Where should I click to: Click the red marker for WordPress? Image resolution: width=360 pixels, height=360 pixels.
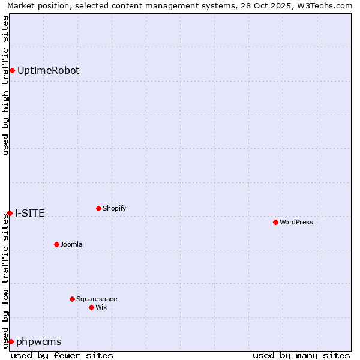[275, 222]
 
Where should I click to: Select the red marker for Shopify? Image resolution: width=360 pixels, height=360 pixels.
[98, 208]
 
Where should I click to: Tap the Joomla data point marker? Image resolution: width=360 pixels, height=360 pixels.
[56, 244]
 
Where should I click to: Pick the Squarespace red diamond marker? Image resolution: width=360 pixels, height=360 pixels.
[72, 299]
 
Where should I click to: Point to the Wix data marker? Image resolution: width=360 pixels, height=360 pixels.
[91, 307]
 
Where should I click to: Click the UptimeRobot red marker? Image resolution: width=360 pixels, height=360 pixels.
[12, 70]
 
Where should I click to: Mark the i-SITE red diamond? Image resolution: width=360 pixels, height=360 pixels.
[10, 213]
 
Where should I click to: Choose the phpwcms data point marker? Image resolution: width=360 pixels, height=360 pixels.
[11, 341]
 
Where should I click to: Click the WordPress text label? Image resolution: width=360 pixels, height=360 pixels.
[296, 222]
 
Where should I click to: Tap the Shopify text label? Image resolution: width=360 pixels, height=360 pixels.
[114, 208]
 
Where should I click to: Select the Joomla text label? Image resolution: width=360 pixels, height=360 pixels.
[71, 244]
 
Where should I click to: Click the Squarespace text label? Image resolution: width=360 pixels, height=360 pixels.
[97, 299]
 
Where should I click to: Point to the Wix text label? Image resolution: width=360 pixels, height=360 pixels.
[101, 307]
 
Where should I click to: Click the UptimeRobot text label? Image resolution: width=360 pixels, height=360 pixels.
[48, 70]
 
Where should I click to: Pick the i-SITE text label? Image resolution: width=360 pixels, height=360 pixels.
[29, 213]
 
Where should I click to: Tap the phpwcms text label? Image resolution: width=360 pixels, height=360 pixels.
[38, 341]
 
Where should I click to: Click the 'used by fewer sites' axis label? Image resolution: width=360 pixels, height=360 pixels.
[62, 355]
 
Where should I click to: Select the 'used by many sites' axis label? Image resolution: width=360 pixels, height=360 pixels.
[301, 355]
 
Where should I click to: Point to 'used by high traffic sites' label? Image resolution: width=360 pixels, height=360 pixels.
[5, 85]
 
